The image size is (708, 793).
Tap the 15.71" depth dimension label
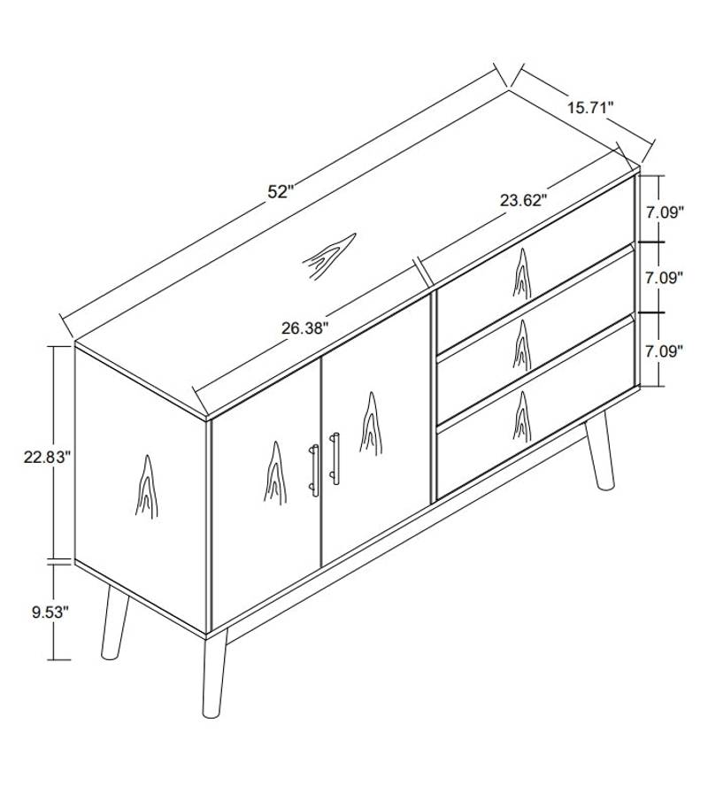coord(590,108)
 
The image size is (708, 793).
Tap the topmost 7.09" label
coord(664,212)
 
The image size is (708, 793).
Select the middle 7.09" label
coord(664,277)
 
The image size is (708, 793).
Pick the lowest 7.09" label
coord(664,351)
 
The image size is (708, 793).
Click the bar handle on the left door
coord(314,469)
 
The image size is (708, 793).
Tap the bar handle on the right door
coord(335,458)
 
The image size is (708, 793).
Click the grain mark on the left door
coord(273,471)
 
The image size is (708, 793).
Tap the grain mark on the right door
coord(370,423)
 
